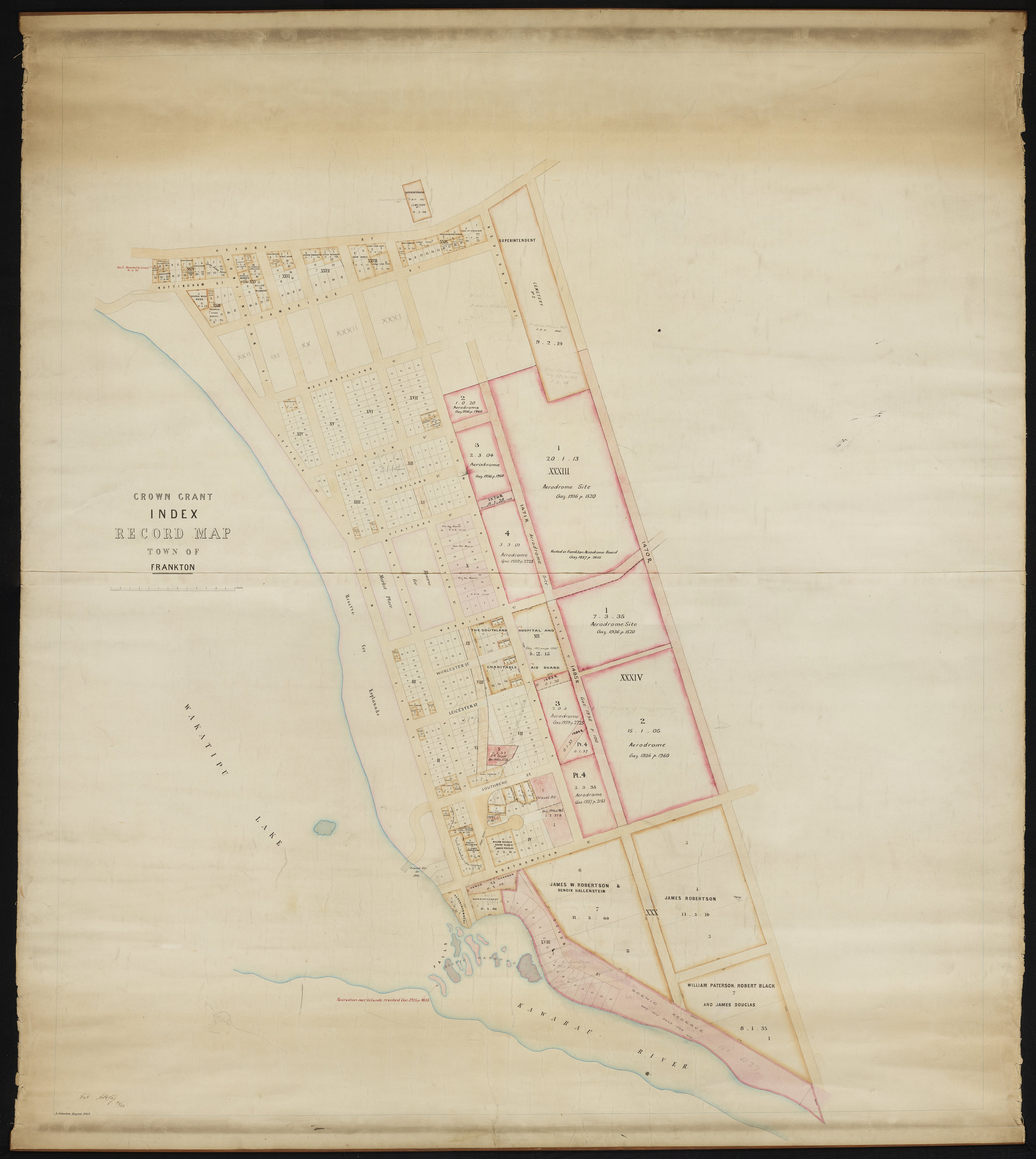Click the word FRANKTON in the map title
click(x=173, y=567)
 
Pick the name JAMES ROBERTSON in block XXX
click(x=690, y=898)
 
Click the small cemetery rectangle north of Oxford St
click(x=416, y=201)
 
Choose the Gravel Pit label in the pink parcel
click(x=546, y=798)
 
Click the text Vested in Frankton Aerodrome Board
click(x=584, y=551)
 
